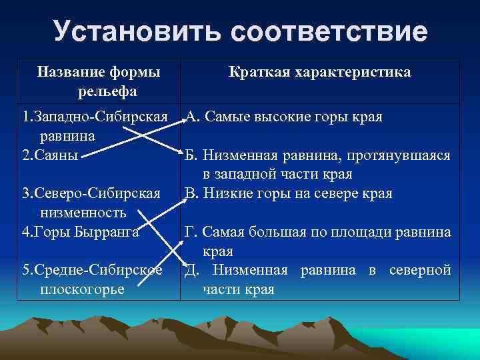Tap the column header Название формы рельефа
coord(99,81)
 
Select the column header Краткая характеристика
coord(320,72)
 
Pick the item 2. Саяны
coord(51,155)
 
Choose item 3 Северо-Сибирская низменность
coord(91,203)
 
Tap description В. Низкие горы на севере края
coord(289,193)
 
